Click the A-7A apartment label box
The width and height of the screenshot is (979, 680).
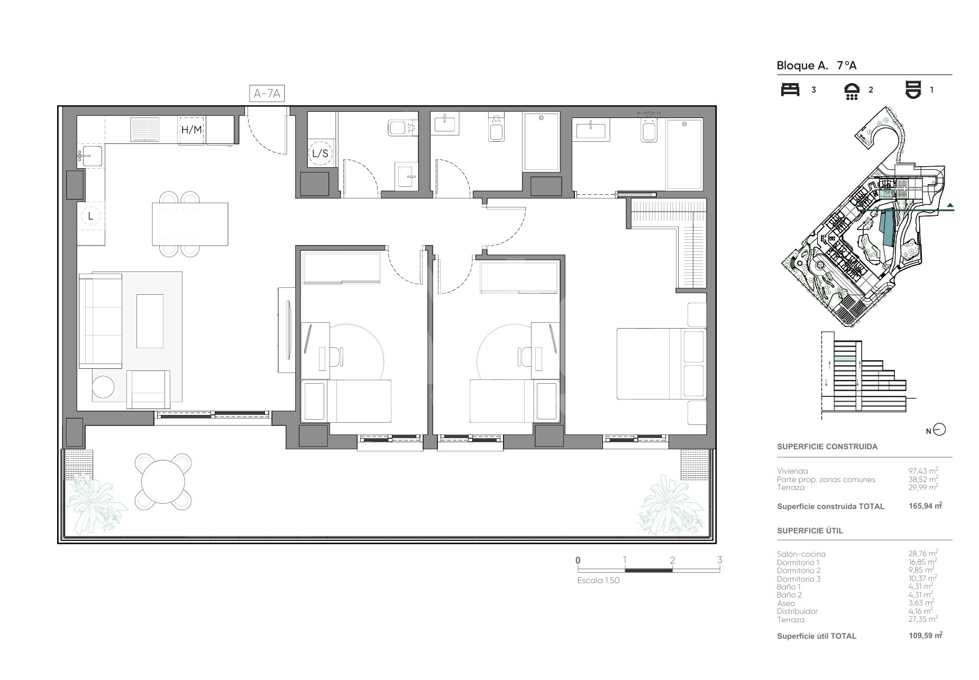[267, 94]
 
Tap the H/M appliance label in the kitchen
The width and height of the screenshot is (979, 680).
[191, 130]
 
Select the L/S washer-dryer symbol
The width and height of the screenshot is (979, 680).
[320, 153]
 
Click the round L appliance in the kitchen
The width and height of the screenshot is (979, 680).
[91, 216]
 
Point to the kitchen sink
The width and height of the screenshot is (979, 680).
[92, 157]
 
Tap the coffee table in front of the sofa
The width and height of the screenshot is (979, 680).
[150, 321]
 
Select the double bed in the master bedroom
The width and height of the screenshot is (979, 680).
[661, 364]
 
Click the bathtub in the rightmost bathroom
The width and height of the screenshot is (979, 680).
[684, 154]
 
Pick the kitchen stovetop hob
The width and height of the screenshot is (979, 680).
[145, 129]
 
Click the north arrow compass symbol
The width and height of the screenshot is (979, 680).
[939, 430]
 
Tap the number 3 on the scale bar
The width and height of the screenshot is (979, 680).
[719, 560]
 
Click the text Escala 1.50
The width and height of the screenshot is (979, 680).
[598, 580]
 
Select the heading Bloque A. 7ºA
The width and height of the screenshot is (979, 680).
[816, 66]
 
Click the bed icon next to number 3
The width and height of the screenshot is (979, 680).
[790, 89]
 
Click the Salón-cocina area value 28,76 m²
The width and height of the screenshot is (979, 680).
[923, 554]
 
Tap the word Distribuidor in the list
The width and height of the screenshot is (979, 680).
[797, 611]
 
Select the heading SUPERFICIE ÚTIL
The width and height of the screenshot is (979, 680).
[810, 531]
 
